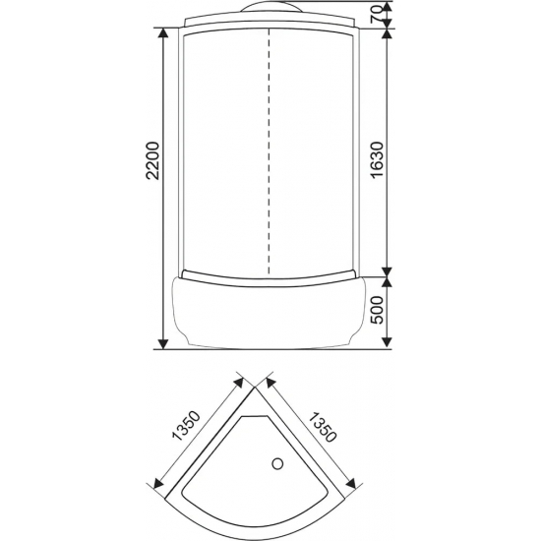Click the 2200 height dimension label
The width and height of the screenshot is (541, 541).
153,160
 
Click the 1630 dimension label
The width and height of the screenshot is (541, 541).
377,159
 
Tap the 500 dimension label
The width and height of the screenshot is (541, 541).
377,310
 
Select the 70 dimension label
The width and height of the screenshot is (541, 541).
377,14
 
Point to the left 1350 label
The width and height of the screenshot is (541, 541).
187,426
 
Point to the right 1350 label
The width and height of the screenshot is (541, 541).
322,427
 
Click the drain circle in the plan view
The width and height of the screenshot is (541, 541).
277,463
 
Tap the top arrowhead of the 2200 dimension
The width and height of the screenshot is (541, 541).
163,32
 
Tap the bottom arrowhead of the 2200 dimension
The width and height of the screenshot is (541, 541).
163,344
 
